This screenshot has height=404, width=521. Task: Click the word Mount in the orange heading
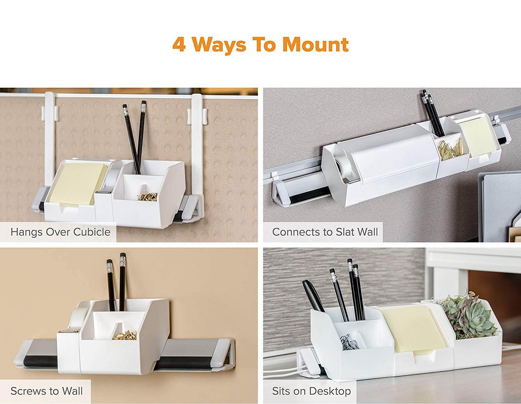(x=315, y=44)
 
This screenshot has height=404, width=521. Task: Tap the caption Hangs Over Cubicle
(x=60, y=232)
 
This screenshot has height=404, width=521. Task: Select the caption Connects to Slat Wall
(x=325, y=232)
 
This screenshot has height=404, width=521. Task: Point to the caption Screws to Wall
(x=47, y=391)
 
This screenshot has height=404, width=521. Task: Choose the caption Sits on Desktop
(x=311, y=391)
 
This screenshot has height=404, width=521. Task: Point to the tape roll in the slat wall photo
(x=339, y=167)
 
